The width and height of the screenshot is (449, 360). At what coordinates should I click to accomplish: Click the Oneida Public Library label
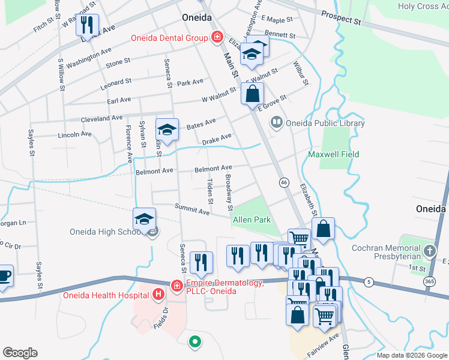tap(326, 124)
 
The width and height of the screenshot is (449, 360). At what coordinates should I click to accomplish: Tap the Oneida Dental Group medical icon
tap(217, 38)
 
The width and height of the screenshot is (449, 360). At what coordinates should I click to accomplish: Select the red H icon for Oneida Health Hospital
tap(158, 294)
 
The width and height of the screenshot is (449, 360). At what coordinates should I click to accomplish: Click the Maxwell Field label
tap(333, 154)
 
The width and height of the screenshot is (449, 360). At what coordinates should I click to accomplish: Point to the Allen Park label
tap(252, 220)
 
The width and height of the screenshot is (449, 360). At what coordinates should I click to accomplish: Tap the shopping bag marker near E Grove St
tap(253, 93)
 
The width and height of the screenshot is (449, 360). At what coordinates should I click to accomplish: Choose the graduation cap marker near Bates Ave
tap(167, 129)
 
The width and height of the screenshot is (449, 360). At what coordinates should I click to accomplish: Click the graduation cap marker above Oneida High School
tap(144, 219)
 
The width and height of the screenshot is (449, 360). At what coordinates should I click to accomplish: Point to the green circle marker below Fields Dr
tap(194, 343)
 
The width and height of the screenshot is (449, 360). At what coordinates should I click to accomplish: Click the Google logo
tap(20, 353)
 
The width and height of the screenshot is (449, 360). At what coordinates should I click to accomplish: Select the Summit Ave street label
tap(192, 208)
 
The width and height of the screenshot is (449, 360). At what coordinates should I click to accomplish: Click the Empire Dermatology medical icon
tap(177, 285)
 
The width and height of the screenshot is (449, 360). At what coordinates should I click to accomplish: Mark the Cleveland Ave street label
tap(101, 118)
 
